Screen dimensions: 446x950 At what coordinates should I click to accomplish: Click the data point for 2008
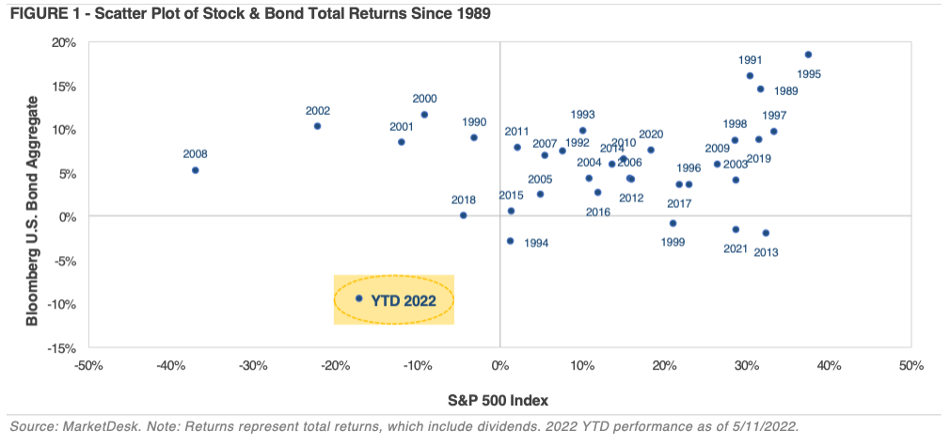(x=195, y=170)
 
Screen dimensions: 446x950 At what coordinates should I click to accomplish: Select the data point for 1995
(x=808, y=55)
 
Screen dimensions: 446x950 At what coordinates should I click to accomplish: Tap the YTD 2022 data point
(x=358, y=298)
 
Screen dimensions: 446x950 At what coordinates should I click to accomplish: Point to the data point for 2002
(x=317, y=126)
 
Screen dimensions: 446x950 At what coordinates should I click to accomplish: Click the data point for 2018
(x=463, y=215)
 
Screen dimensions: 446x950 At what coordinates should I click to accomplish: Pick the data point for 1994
(x=510, y=241)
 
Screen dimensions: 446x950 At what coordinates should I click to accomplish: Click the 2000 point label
(x=424, y=99)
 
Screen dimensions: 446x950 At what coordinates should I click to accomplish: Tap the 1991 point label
(x=750, y=59)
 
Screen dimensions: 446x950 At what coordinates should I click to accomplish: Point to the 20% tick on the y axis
(x=63, y=42)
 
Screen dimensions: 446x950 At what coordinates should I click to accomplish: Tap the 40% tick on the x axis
(x=828, y=365)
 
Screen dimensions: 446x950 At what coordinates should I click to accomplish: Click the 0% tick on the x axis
(x=499, y=365)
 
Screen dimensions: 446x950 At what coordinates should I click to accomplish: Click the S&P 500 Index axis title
(x=499, y=397)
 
